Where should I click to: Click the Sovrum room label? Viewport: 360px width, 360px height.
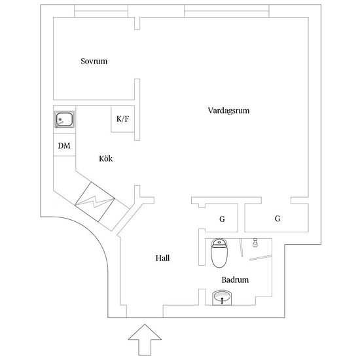94,61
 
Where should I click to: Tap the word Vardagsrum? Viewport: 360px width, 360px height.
228,111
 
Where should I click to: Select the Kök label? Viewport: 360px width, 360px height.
106,158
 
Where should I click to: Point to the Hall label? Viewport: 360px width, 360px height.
162,258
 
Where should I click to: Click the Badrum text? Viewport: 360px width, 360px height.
235,279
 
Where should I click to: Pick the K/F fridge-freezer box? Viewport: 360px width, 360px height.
122,119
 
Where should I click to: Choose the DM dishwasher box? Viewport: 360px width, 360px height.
64,145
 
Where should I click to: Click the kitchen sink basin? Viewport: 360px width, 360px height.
65,119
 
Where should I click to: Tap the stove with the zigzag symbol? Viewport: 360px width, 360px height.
95,202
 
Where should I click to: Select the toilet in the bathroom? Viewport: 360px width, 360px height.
219,253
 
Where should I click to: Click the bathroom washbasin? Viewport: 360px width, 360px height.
222,298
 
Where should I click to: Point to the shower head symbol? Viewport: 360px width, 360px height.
255,243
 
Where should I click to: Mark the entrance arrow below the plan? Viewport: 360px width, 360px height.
145,340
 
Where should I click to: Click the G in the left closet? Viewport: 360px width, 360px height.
222,219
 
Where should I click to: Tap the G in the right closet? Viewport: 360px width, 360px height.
278,219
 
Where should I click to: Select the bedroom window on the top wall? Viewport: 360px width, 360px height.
101,11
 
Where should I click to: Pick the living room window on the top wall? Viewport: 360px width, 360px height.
226,11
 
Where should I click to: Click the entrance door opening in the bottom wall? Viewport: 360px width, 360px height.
145,317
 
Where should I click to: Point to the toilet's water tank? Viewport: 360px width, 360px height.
219,243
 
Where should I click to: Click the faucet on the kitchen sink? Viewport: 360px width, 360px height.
60,122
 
